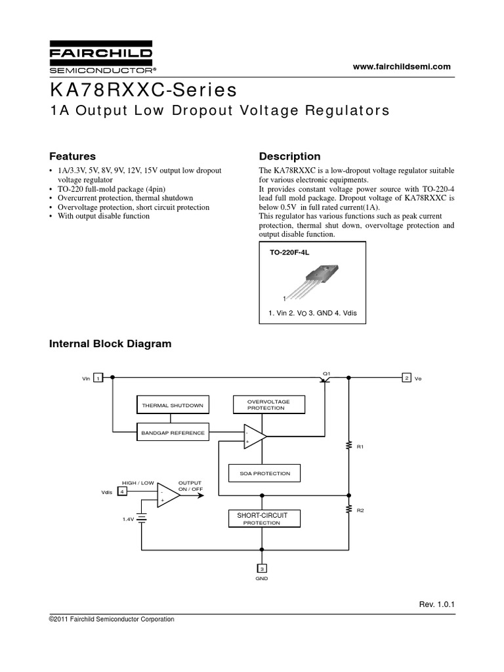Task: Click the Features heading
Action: [73, 156]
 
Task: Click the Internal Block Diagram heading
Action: [111, 343]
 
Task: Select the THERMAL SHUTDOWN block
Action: [173, 406]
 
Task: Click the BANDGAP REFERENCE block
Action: [173, 432]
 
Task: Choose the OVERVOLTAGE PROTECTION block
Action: [269, 405]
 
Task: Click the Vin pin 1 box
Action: [97, 378]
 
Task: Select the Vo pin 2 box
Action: [407, 378]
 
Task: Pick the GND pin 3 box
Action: [262, 568]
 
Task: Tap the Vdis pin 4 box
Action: [122, 492]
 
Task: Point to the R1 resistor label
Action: [360, 447]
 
